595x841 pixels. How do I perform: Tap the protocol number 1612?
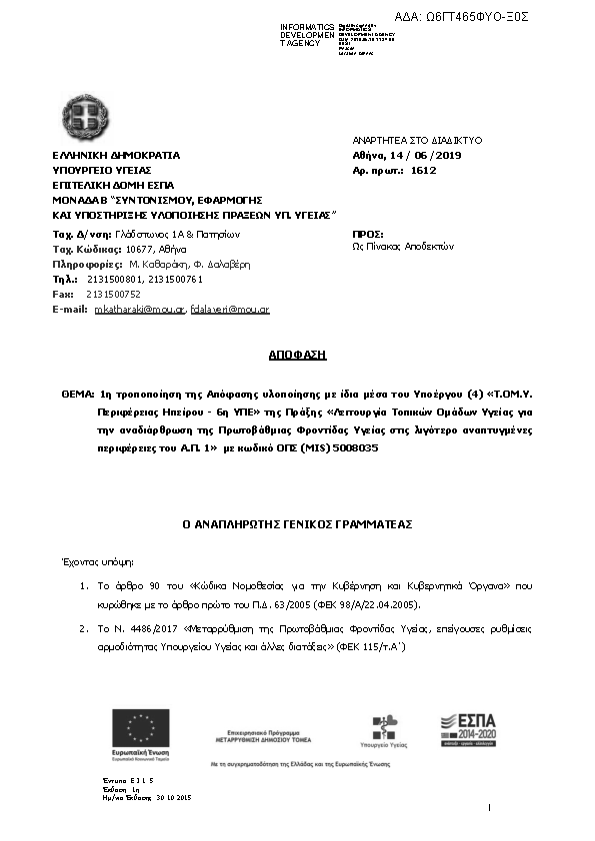424,171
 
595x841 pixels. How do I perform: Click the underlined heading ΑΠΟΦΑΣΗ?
297,355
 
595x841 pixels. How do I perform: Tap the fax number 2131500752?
114,295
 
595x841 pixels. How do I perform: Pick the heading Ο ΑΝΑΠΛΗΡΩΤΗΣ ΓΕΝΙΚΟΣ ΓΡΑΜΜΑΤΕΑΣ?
297,523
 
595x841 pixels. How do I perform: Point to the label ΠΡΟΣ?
368,232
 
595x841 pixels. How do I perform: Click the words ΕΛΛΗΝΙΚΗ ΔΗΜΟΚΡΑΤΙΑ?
116,156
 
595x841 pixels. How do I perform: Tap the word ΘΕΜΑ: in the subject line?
77,394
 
